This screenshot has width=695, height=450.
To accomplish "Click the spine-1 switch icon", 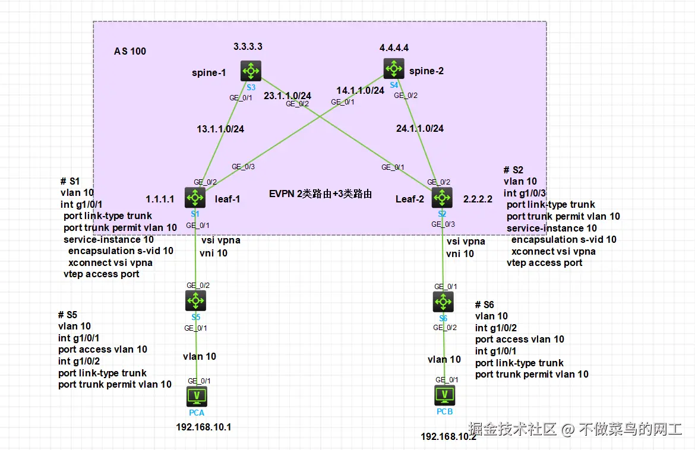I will coord(251,71).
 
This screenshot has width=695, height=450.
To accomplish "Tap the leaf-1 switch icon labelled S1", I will coord(195,198).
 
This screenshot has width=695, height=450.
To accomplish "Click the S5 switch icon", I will coord(195,301).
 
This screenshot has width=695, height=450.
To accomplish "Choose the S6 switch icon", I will coord(443,302).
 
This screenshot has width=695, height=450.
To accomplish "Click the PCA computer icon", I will coord(197,396).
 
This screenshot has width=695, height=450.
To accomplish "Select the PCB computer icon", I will coord(444,394).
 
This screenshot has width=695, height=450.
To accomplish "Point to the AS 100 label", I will coord(130,52).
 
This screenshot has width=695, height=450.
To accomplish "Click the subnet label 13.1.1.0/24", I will coord(220,128).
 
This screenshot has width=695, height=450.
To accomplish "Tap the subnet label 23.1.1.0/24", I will coord(288,95).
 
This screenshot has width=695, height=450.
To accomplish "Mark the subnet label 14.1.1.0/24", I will coord(361,90).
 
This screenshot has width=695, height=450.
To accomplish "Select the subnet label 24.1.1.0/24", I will coord(420,128).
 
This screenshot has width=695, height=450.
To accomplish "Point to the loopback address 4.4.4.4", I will coord(394,47).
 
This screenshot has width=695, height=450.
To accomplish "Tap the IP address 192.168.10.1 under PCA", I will coord(203,427).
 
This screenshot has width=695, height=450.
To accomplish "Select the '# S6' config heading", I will coord(484,305).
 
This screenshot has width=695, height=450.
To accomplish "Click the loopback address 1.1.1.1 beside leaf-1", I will coord(160,199).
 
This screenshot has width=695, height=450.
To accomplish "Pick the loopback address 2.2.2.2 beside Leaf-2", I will coord(478,199).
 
